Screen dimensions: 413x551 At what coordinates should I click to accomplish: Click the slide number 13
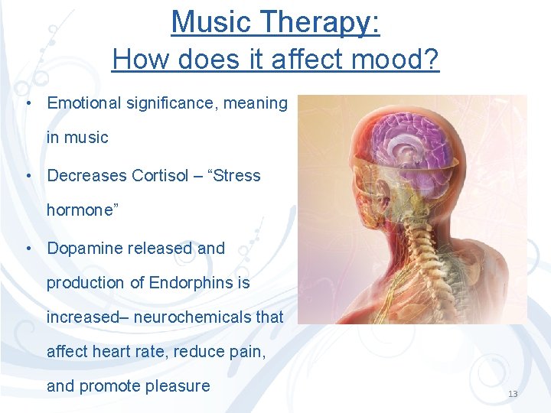point(513,394)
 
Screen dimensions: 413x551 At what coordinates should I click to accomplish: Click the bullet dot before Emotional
point(28,103)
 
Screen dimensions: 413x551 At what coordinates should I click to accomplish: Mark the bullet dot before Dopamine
point(28,249)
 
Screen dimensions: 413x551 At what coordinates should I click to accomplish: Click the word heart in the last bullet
point(110,351)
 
